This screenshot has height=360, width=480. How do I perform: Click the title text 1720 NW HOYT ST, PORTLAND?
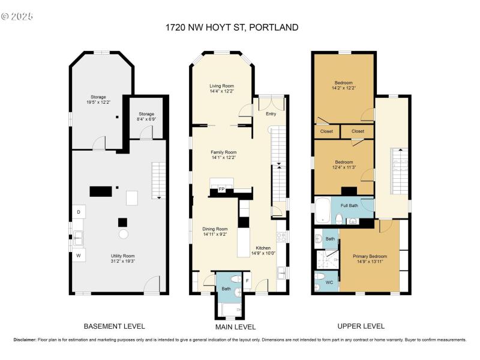tap(231, 28)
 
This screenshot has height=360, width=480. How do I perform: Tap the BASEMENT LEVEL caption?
tap(114, 326)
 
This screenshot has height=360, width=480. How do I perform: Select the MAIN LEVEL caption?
tap(235, 327)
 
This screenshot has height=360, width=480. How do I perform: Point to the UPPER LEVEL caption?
tap(361, 326)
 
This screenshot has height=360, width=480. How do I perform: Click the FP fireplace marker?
tap(221, 190)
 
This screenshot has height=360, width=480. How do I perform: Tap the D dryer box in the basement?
tap(78, 212)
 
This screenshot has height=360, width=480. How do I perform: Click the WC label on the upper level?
tap(329, 282)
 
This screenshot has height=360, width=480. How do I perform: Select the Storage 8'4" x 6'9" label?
tap(146, 116)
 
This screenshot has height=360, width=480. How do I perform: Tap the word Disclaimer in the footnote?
tap(25, 340)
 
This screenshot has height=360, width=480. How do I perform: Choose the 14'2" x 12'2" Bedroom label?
tap(343, 85)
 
